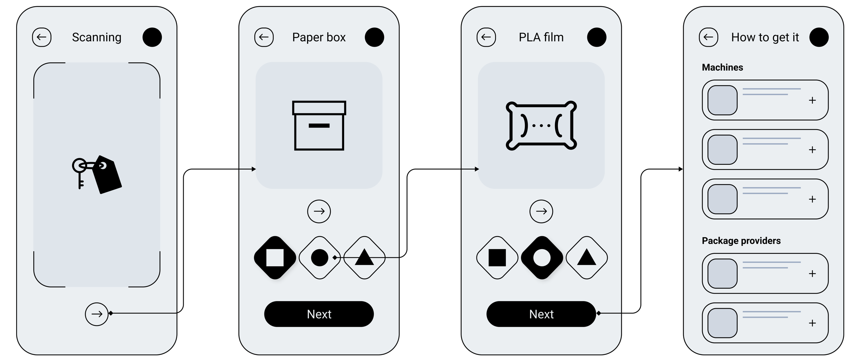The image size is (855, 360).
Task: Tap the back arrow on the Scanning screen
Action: pyautogui.click(x=42, y=37)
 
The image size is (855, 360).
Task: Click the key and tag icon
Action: pyautogui.click(x=97, y=175)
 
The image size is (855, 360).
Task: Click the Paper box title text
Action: pyautogui.click(x=319, y=37)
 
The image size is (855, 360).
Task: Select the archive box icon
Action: pyautogui.click(x=319, y=125)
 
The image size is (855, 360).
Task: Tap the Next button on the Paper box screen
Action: pyautogui.click(x=319, y=314)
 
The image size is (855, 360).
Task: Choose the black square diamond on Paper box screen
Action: pyautogui.click(x=275, y=258)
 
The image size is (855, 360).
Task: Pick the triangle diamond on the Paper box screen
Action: pyautogui.click(x=364, y=258)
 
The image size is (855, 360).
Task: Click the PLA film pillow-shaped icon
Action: pyautogui.click(x=541, y=125)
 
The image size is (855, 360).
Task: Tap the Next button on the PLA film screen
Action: pyautogui.click(x=541, y=314)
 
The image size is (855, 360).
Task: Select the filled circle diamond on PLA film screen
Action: pyautogui.click(x=542, y=258)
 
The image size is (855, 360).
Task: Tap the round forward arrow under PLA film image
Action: pyautogui.click(x=541, y=211)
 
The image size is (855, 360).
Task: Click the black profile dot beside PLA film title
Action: pyautogui.click(x=596, y=37)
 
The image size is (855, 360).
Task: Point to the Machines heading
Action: pyautogui.click(x=722, y=67)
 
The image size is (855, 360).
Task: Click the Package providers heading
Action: pyautogui.click(x=741, y=241)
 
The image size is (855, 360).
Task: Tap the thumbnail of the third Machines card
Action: pyautogui.click(x=722, y=199)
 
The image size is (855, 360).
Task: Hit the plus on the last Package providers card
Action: pyautogui.click(x=812, y=323)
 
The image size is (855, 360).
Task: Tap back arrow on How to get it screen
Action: pyautogui.click(x=708, y=37)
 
